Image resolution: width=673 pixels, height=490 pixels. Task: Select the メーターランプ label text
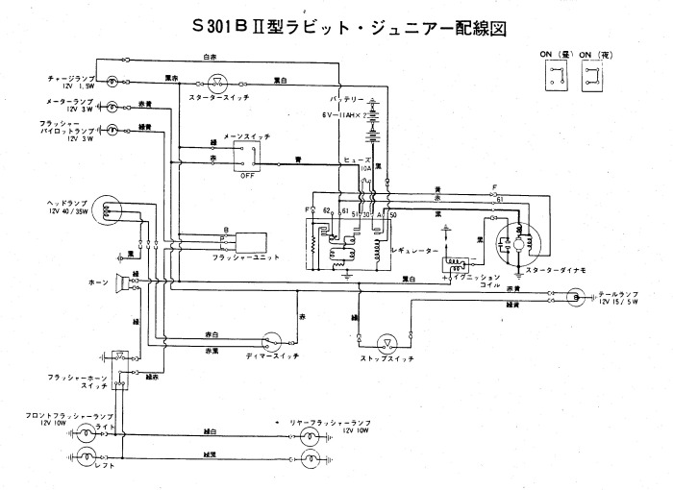coord(68,100)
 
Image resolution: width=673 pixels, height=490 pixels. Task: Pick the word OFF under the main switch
coord(247,175)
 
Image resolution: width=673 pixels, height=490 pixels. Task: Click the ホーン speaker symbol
coord(122,282)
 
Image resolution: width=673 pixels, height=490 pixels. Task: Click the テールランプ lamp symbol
coord(574,299)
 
